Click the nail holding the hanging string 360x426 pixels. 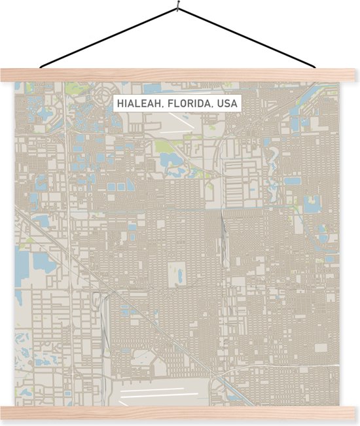177,8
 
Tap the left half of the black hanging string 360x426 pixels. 108,37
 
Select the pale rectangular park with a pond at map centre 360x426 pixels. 177,275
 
